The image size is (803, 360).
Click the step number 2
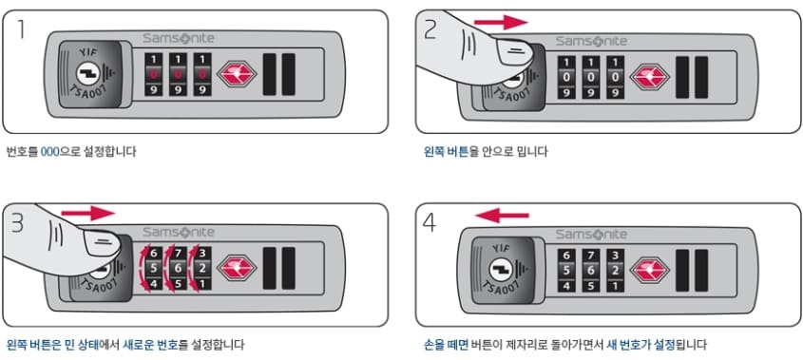(x=430, y=31)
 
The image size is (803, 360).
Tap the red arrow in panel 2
(x=501, y=21)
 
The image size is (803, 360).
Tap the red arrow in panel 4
(x=502, y=215)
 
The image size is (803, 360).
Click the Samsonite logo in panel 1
(x=179, y=40)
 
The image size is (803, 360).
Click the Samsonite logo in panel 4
(x=590, y=234)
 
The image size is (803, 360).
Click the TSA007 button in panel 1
(x=87, y=77)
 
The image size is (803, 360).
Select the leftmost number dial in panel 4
(x=566, y=270)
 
